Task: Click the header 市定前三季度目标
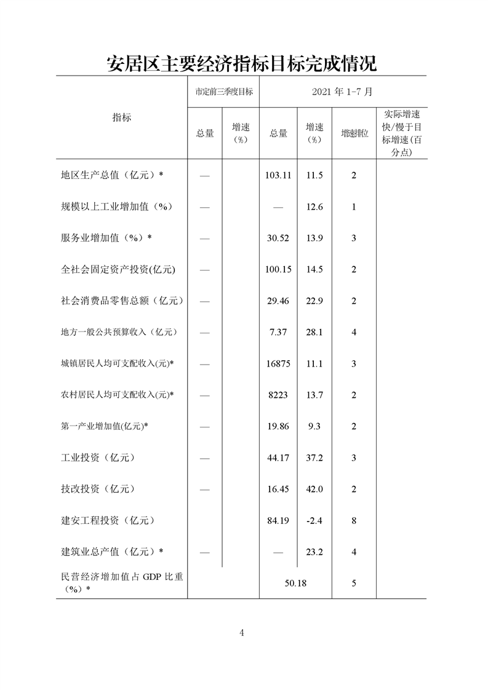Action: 223,92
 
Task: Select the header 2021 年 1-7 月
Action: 342,92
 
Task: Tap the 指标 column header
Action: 121,117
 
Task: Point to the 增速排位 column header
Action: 354,133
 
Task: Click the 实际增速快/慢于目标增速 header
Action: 401,133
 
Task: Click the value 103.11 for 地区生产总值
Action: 278,175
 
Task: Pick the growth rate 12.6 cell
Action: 314,207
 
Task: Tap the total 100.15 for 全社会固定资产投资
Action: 278,269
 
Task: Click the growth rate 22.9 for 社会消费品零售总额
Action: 314,301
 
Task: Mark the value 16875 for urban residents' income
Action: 278,363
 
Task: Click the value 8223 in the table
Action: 278,395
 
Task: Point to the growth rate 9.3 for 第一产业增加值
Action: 314,426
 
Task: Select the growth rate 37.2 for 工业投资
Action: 314,458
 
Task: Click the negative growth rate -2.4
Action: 314,520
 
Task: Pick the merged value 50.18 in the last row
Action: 295,583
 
